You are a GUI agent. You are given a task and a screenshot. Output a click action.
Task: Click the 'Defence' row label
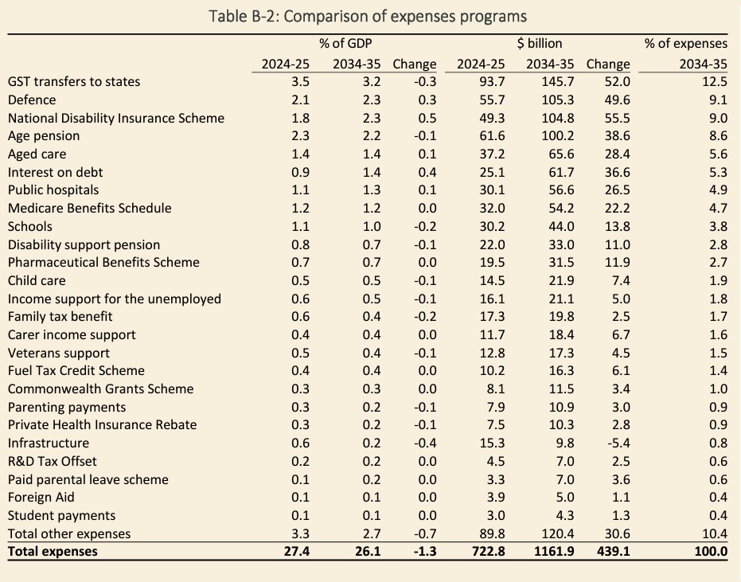pyautogui.click(x=32, y=100)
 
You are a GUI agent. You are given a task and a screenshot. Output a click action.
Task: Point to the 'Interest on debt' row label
pyautogui.click(x=55, y=172)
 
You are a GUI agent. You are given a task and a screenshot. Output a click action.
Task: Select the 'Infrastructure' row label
pyautogui.click(x=48, y=443)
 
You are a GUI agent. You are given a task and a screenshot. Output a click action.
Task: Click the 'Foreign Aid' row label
pyautogui.click(x=41, y=497)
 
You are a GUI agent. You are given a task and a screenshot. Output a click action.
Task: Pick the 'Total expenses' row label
pyautogui.click(x=53, y=551)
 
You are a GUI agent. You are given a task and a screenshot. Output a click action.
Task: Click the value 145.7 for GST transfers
pyautogui.click(x=546, y=81)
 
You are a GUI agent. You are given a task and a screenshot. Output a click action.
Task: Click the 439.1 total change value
pyautogui.click(x=613, y=551)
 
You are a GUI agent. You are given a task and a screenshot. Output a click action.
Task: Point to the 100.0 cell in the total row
pyautogui.click(x=710, y=551)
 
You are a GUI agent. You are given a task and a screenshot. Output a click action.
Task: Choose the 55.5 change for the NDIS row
pyautogui.click(x=617, y=118)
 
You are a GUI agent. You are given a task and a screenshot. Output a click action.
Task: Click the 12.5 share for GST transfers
pyautogui.click(x=715, y=81)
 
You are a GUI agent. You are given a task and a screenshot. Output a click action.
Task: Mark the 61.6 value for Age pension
pyautogui.click(x=488, y=135)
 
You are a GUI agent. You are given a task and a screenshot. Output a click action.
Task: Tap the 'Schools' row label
pyautogui.click(x=30, y=226)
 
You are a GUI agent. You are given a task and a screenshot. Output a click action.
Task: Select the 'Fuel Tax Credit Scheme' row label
pyautogui.click(x=76, y=370)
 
